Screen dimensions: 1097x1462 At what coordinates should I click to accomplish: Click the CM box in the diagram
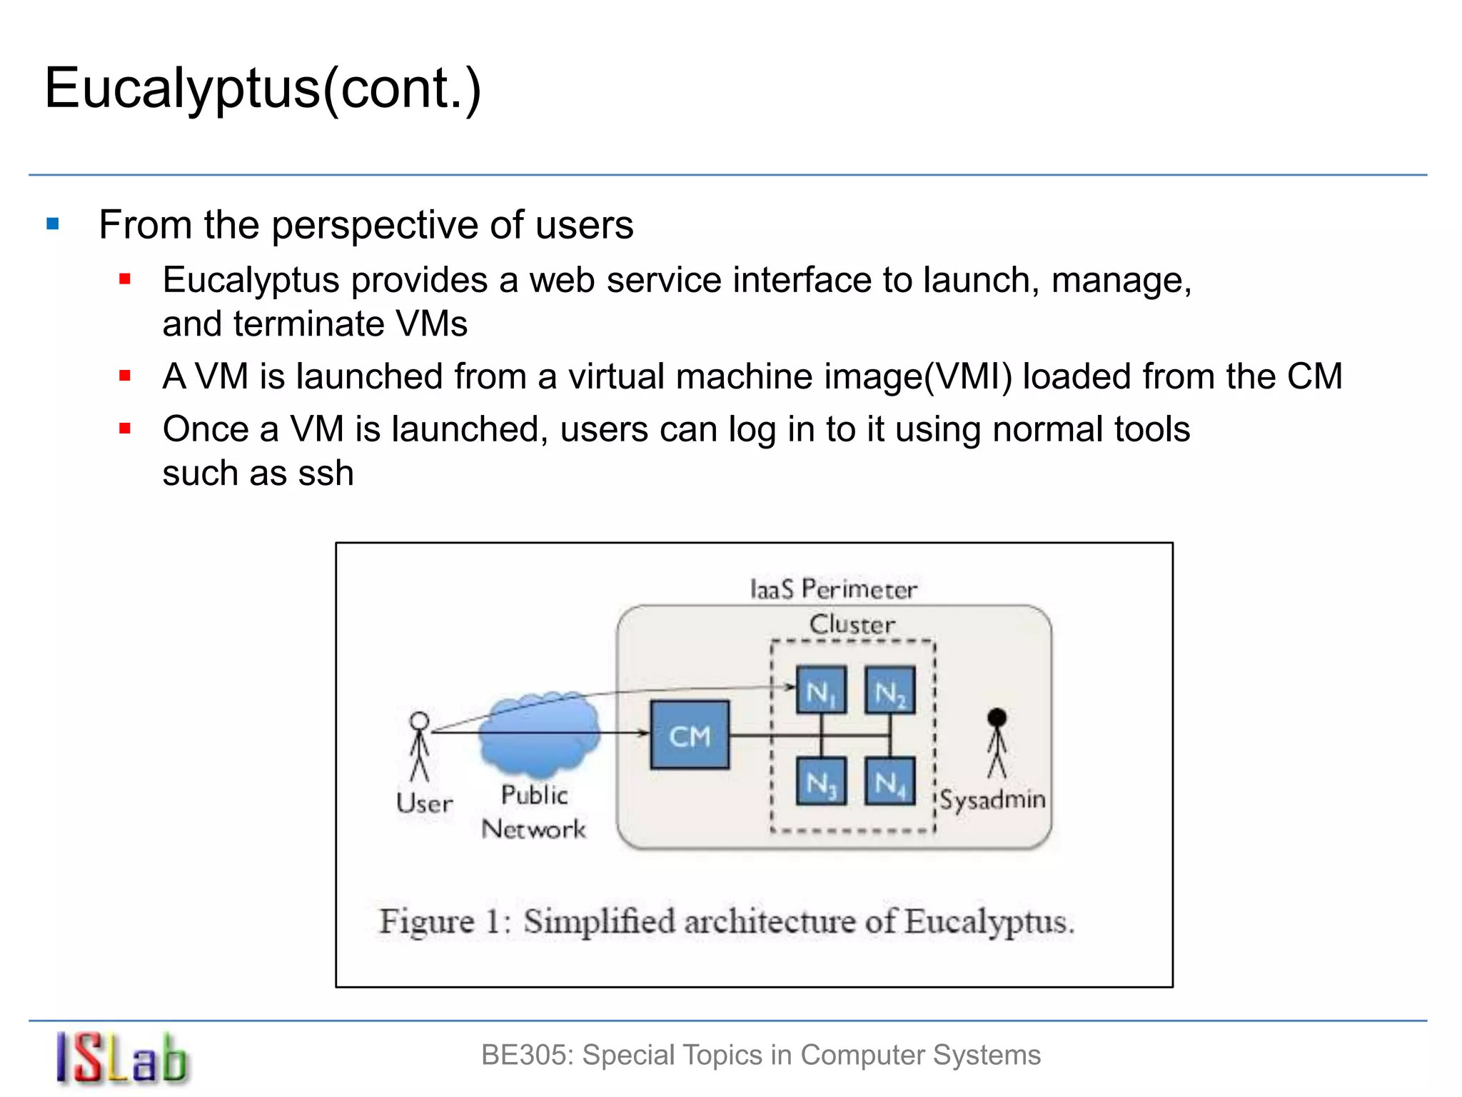[690, 735]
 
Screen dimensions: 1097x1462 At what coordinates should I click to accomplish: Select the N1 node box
[821, 690]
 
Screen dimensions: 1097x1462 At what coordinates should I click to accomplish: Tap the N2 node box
[889, 690]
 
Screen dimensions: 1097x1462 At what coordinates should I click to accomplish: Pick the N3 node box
[821, 781]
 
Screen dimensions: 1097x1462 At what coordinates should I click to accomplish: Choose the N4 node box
[889, 781]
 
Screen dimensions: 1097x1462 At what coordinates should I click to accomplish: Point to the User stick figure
[420, 746]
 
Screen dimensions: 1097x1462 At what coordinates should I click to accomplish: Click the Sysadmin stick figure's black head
[997, 718]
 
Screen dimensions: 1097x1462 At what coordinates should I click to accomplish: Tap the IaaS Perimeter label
[833, 589]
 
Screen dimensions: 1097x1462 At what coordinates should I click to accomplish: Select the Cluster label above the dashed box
[852, 624]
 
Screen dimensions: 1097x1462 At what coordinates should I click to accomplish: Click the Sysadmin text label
[993, 799]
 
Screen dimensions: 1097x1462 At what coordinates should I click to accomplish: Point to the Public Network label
[534, 812]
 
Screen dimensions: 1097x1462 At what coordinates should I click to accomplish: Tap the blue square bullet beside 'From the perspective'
[53, 224]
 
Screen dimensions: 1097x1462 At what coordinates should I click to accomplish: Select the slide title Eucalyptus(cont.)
[263, 89]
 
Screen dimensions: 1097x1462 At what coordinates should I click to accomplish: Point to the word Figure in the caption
[426, 921]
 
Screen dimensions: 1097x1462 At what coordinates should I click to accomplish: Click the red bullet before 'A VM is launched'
[125, 376]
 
